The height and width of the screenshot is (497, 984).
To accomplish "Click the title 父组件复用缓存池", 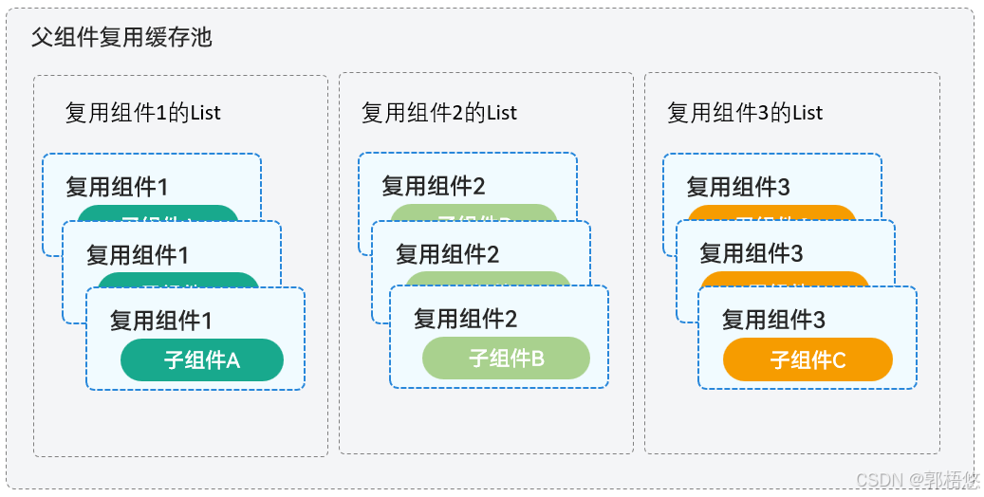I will click(121, 38).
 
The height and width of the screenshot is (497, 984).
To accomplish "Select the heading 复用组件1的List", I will click(142, 113).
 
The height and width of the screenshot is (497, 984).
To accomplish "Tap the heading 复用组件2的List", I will click(439, 113).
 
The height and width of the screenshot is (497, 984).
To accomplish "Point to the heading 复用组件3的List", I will click(745, 113).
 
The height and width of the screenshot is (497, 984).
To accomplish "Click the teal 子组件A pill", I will click(202, 360).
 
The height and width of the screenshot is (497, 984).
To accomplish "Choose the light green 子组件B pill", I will click(506, 359).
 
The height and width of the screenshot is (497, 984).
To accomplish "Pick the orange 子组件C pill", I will click(808, 360).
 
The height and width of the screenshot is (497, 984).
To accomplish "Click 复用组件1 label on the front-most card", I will click(160, 320).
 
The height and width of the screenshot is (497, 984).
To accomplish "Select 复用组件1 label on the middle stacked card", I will click(138, 254).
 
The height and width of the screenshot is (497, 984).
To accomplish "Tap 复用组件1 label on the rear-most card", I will click(117, 187).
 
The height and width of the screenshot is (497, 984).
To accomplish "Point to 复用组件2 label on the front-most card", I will click(465, 319).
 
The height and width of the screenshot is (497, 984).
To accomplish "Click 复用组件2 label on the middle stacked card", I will click(447, 254).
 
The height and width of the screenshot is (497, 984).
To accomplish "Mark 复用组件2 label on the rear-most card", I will click(433, 186).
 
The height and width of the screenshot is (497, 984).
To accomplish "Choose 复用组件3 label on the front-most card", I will click(773, 320).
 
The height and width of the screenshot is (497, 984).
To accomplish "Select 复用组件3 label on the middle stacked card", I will click(752, 254).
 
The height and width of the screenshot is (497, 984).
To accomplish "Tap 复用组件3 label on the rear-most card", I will click(738, 187).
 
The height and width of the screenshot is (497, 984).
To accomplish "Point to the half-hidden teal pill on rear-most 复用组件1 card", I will click(158, 212).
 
